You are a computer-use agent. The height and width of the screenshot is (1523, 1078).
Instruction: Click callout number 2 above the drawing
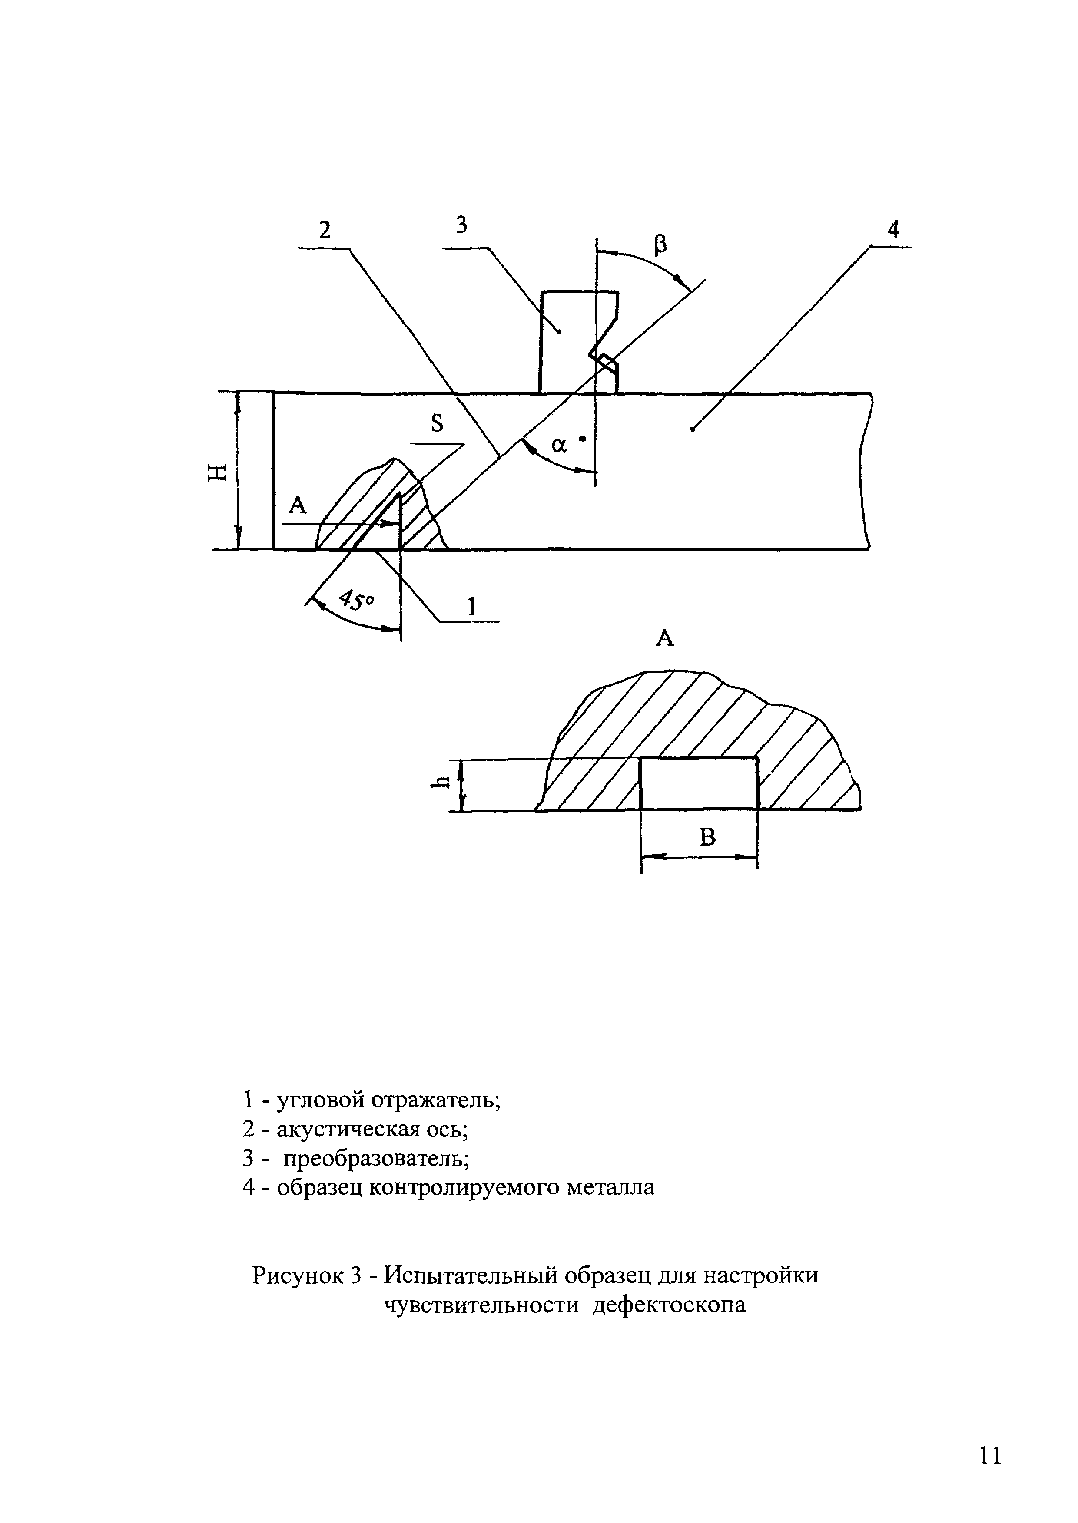coord(325,230)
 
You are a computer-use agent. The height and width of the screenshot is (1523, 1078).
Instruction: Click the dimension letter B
coord(708,838)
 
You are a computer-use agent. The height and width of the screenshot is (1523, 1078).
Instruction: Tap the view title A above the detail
coord(665,638)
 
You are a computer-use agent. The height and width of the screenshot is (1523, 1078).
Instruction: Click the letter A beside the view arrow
coord(298,506)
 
